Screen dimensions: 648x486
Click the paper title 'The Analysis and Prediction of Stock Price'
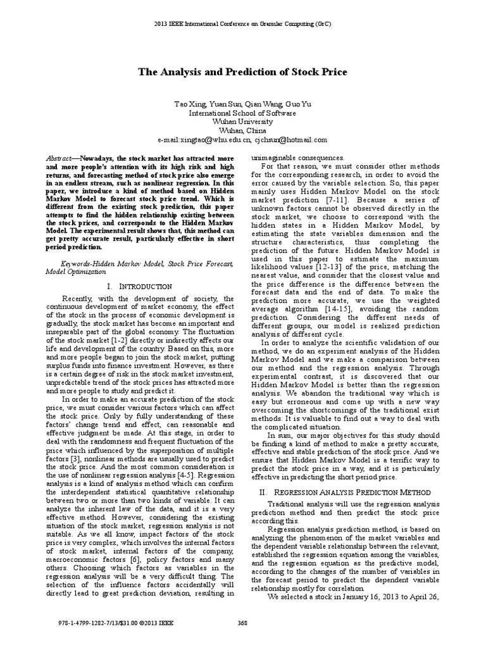(243, 72)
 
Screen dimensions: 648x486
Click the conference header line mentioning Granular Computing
(243, 24)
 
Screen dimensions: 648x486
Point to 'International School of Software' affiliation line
(243, 112)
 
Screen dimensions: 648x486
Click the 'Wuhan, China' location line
(243, 130)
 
